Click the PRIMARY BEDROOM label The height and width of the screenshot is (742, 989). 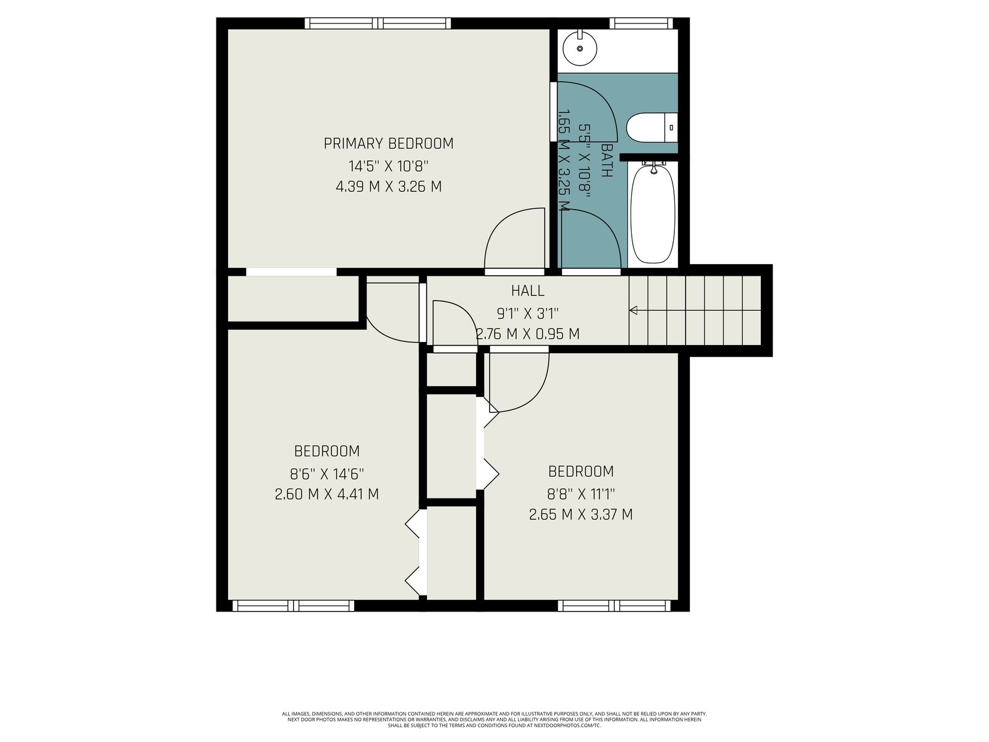click(388, 143)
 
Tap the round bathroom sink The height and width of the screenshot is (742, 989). click(580, 48)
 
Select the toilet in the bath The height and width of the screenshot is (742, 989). click(652, 127)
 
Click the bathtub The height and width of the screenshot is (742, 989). click(653, 213)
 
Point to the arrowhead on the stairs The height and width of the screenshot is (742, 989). click(633, 310)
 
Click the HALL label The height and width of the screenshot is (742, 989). click(528, 291)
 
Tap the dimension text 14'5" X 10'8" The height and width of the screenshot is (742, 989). click(388, 166)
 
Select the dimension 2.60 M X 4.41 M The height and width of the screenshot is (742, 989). click(326, 494)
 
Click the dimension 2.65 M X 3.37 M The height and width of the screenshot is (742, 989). click(581, 514)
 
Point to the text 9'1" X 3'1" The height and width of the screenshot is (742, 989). click(528, 313)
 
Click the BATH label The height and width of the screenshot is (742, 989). click(607, 160)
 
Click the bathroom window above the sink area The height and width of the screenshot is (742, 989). click(641, 23)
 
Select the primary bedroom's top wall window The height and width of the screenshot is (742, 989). click(378, 23)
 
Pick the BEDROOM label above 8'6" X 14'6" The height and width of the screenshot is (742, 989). click(326, 451)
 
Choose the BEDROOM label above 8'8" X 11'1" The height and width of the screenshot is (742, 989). click(581, 471)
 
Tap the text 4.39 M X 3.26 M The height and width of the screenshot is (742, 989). click(388, 187)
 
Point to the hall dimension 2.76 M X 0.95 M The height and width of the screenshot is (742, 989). click(528, 334)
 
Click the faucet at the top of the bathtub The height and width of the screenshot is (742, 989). click(654, 167)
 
